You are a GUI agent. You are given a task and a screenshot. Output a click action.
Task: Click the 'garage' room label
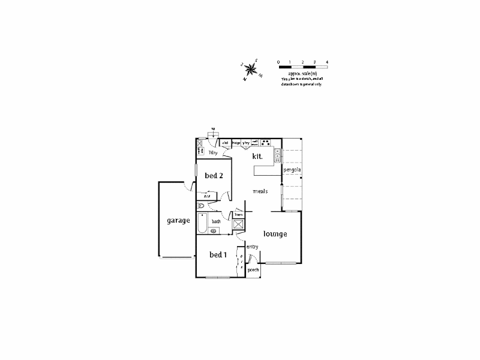tap(178, 220)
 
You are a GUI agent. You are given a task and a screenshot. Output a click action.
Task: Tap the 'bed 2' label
tap(214, 176)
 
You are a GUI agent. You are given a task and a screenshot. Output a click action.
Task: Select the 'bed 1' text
tap(218, 255)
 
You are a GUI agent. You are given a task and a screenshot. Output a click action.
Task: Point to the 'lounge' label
tap(274, 233)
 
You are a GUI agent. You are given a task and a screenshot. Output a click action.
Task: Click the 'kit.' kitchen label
tap(257, 156)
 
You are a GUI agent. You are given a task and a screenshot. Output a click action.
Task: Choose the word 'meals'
tap(260, 191)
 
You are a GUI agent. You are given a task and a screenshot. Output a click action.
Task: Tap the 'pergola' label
tap(292, 170)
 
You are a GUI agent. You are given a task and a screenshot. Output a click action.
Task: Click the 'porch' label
tap(253, 270)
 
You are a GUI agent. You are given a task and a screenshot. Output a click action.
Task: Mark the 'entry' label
tap(252, 247)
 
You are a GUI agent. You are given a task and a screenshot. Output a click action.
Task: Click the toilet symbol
tap(202, 206)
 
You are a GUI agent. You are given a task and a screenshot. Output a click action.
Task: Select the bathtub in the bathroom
tap(202, 225)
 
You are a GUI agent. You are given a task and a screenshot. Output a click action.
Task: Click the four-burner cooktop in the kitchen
tap(265, 143)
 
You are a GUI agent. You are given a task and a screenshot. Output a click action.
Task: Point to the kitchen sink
tap(278, 155)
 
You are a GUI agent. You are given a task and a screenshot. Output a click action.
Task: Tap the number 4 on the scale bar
tap(326, 62)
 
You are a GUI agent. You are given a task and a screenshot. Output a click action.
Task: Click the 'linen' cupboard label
tap(238, 214)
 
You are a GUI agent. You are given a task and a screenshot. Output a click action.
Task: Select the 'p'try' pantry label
tap(245, 143)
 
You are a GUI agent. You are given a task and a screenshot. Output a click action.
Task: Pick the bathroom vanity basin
tap(214, 232)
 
